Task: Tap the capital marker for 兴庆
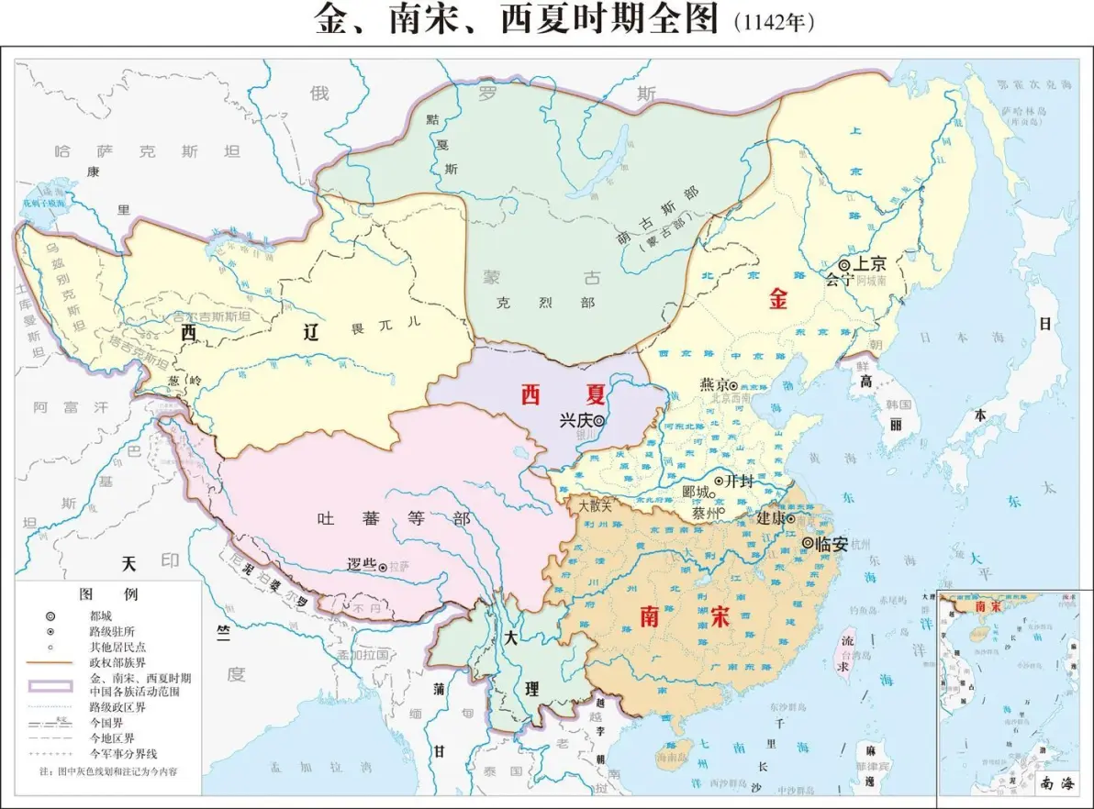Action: pyautogui.click(x=598, y=420)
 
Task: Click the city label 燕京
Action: pyautogui.click(x=713, y=384)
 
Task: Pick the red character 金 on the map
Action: pyautogui.click(x=778, y=299)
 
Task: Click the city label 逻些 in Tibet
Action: pyautogui.click(x=362, y=565)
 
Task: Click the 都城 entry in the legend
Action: pyautogui.click(x=102, y=615)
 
